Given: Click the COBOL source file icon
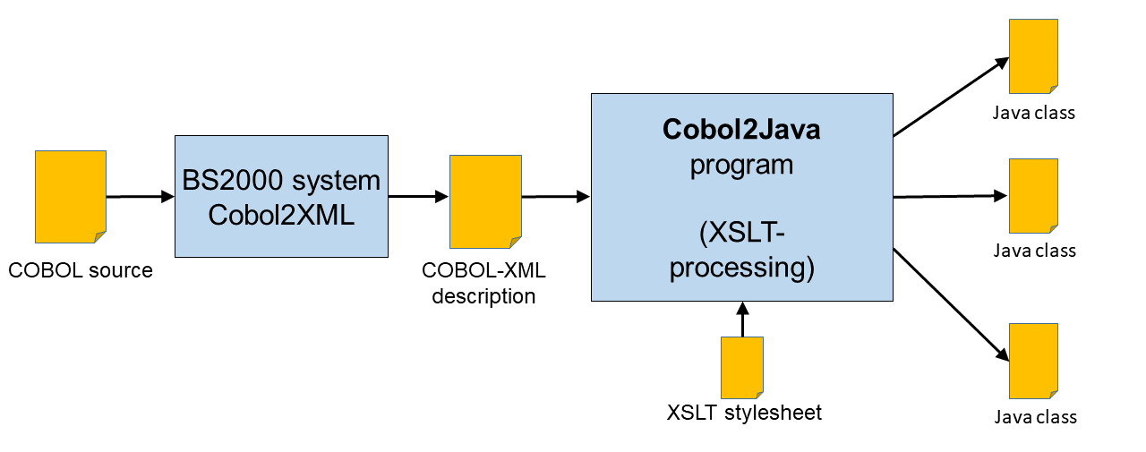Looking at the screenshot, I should (71, 197).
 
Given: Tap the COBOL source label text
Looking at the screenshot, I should (81, 270).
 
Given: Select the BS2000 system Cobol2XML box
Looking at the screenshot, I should (281, 197).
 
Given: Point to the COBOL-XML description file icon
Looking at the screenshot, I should (485, 201).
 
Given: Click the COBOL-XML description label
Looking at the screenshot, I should (483, 283).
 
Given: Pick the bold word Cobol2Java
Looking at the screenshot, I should (741, 130).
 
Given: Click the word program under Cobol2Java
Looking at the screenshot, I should (741, 166).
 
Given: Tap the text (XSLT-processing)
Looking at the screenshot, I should (742, 252).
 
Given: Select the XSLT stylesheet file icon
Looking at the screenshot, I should (742, 367).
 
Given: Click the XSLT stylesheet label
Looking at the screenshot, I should (744, 413).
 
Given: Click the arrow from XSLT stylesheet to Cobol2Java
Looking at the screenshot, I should (742, 320).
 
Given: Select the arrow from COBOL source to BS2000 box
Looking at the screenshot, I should (140, 196).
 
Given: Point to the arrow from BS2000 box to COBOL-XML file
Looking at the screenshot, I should (418, 196).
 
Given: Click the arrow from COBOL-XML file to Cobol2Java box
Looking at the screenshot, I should (555, 196).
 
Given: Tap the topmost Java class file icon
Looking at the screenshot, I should (1033, 55).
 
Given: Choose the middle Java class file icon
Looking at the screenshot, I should (1033, 196).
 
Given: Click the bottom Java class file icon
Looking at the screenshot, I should (1033, 361).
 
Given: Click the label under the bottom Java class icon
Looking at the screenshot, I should (1035, 417).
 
